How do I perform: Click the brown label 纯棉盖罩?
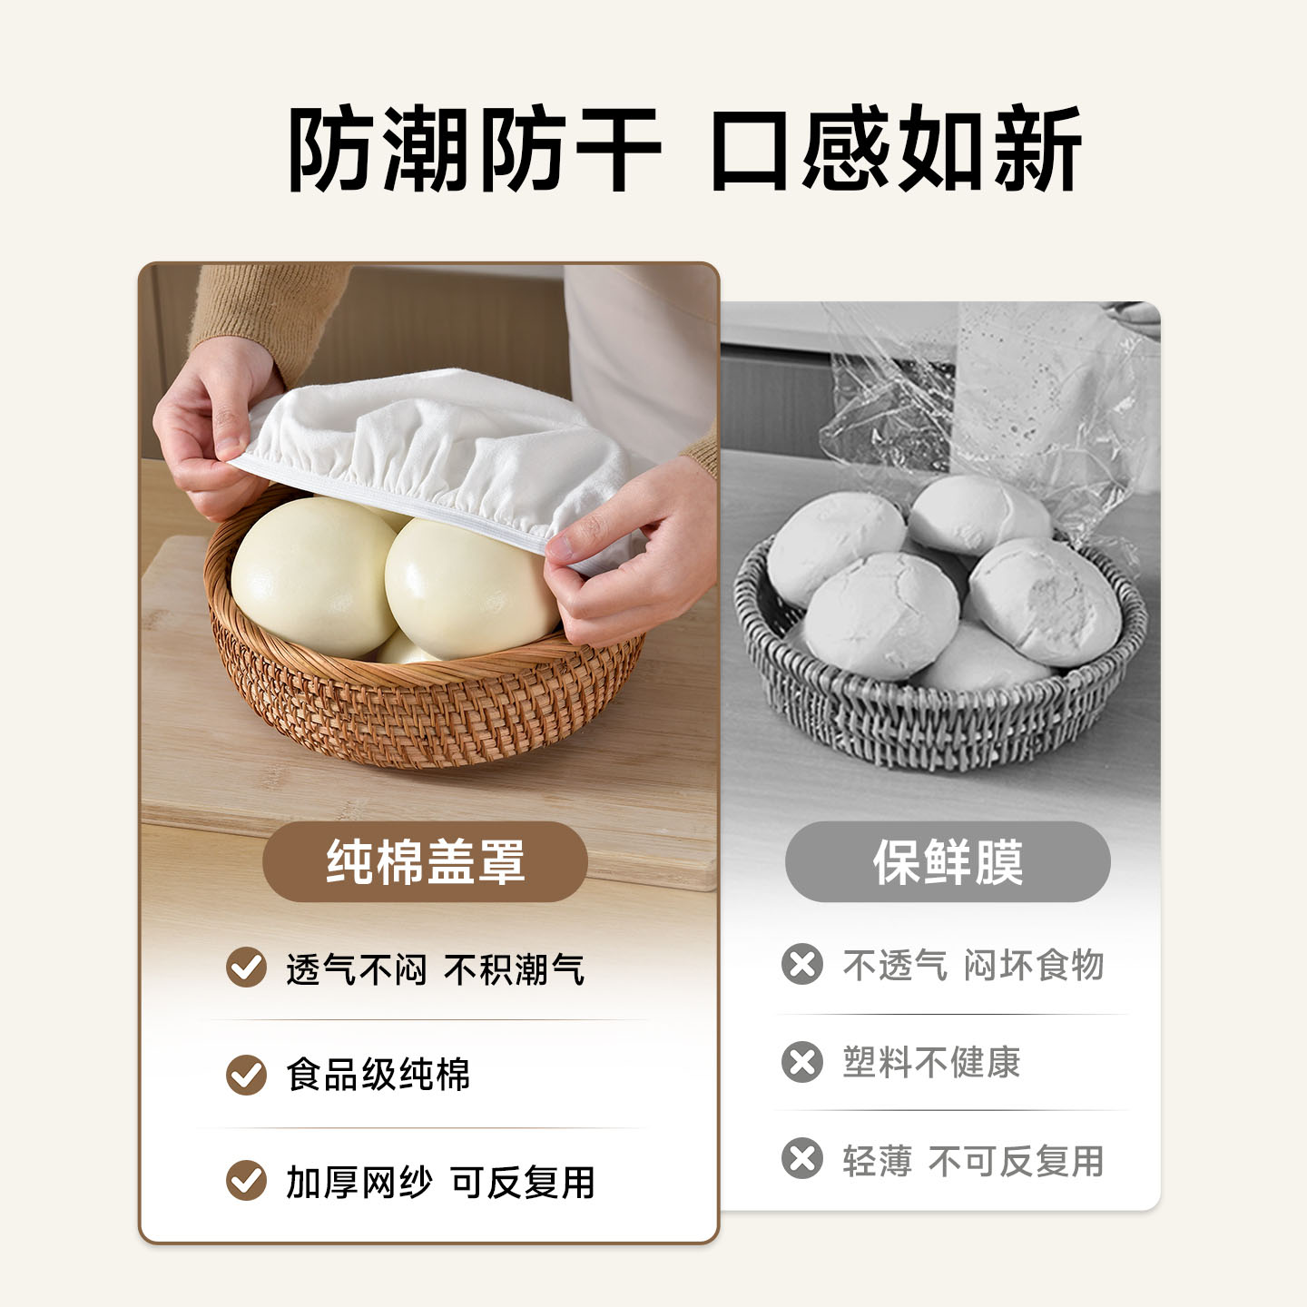click(x=425, y=861)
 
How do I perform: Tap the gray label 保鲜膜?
click(x=948, y=861)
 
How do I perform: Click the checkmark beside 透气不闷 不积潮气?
click(x=246, y=968)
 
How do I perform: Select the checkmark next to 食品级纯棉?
click(x=246, y=1075)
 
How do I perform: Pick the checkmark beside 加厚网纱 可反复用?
click(x=246, y=1181)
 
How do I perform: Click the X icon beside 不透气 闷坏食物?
click(x=802, y=964)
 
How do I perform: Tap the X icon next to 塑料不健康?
click(x=802, y=1061)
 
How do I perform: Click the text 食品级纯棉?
click(x=378, y=1075)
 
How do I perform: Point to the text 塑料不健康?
click(x=932, y=1062)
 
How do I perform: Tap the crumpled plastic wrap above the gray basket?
click(x=984, y=407)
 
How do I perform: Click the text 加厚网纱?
click(x=359, y=1183)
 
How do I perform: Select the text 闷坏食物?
click(x=1034, y=965)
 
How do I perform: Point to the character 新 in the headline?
click(x=1037, y=149)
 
